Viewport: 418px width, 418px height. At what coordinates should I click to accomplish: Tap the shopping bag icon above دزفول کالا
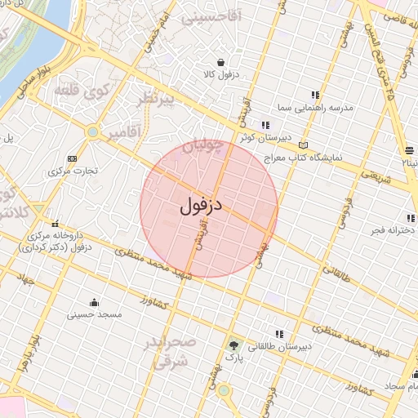click(220, 61)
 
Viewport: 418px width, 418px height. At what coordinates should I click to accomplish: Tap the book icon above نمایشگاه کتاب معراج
click(304, 145)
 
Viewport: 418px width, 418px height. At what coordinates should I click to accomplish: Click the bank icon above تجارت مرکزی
click(72, 158)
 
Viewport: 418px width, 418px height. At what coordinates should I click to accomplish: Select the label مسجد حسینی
click(94, 313)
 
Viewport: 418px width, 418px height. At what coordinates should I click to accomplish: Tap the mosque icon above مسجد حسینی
click(94, 301)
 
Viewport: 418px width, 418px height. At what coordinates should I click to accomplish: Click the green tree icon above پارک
click(235, 345)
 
